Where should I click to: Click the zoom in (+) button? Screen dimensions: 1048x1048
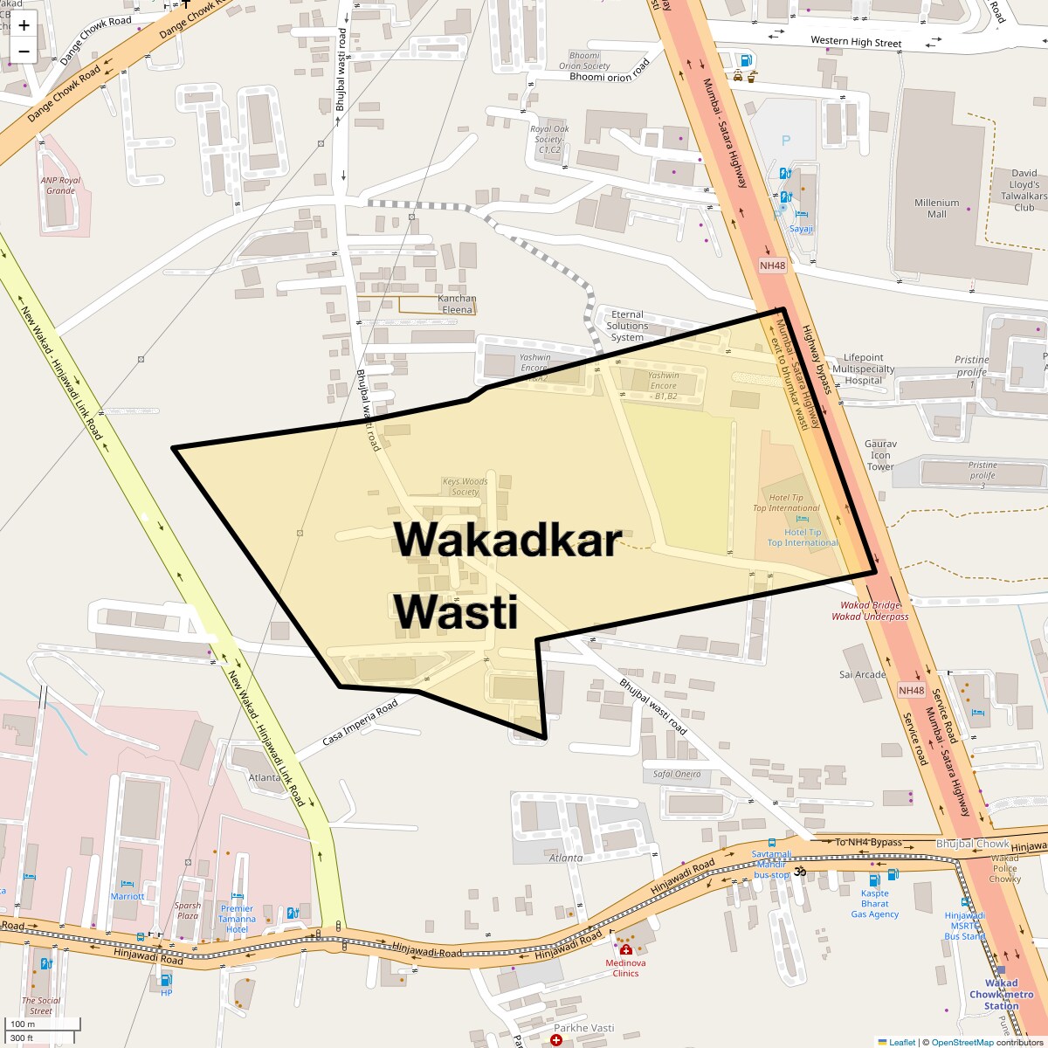coord(24,25)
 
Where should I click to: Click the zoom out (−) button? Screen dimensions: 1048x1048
coord(24,52)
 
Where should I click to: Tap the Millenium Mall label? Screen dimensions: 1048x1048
coord(936,208)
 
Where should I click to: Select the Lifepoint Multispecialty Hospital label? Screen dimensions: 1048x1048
coord(863,369)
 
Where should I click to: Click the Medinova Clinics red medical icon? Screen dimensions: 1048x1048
coord(625,949)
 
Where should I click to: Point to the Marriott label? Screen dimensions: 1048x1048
coord(128,896)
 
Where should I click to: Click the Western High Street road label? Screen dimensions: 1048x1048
coord(855,42)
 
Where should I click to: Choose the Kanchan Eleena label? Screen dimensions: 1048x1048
coord(457,304)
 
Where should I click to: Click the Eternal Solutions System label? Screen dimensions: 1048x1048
coord(627,326)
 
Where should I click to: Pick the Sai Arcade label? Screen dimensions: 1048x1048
coord(862,674)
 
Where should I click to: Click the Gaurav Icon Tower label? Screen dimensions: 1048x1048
coord(880,455)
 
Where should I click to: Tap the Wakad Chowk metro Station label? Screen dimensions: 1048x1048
coord(1001,994)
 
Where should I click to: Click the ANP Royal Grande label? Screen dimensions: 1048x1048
coord(60,185)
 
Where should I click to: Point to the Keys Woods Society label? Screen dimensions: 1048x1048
coord(465,486)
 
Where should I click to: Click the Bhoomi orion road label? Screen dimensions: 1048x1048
coord(610,75)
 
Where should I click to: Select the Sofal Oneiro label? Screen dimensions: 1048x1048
coord(677,774)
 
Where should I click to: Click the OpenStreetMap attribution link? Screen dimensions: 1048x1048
coord(962,1042)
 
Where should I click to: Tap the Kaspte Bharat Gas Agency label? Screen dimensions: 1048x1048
coord(874,903)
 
